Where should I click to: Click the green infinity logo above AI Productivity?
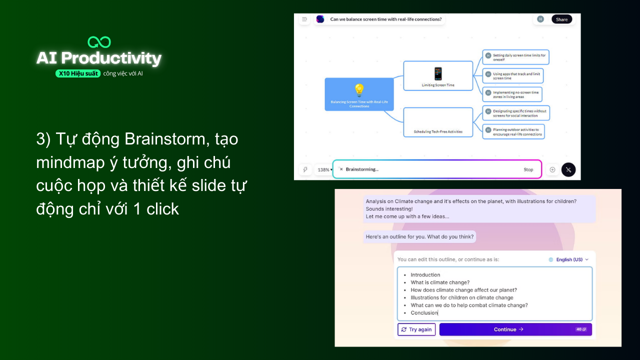(99, 42)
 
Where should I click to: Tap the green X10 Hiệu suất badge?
(78, 73)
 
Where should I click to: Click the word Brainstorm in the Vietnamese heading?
(165, 139)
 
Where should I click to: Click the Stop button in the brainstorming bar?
(528, 169)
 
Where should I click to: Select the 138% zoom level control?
(324, 169)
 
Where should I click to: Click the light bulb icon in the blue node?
(359, 90)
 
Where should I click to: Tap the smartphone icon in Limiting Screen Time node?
(438, 73)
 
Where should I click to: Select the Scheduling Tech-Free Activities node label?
(438, 132)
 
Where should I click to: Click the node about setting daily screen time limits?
(515, 57)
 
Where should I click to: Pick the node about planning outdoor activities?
(513, 131)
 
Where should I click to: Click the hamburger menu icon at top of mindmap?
(304, 19)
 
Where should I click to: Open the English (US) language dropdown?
(568, 259)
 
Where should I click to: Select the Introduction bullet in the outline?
(425, 274)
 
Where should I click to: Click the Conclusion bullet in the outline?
(424, 313)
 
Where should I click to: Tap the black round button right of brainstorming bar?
(568, 169)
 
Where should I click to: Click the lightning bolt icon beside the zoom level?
(305, 169)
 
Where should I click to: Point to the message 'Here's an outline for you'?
(419, 236)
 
